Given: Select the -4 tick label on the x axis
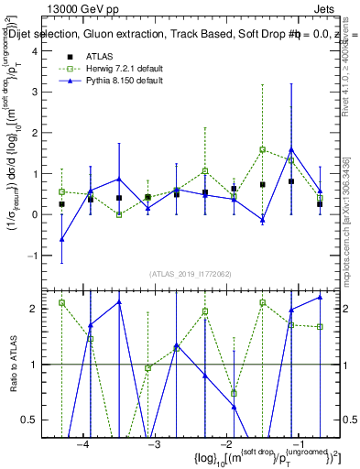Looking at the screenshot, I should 83,444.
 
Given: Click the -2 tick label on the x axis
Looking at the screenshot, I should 226,444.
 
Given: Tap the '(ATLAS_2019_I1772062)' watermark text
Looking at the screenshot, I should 190,274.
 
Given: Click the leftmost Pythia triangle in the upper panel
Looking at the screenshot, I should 61,239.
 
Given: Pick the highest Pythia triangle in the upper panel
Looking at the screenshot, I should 291,149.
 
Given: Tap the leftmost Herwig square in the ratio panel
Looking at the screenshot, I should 61,302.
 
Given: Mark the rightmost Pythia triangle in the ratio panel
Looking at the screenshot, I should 320,297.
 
